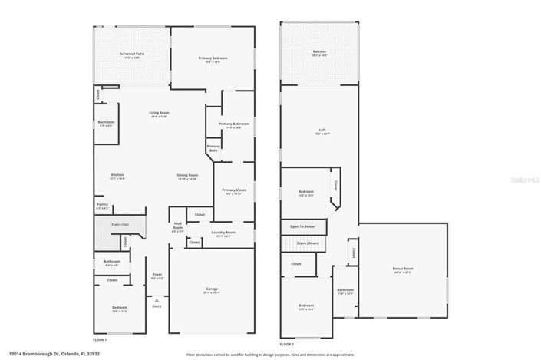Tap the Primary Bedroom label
(213, 58)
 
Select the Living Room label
(159, 114)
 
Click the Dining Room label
(188, 176)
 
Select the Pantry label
(102, 206)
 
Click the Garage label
(211, 289)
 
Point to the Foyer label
(157, 275)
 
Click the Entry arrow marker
(157, 301)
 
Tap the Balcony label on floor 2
(319, 53)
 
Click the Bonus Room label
(402, 269)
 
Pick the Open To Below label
(303, 227)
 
